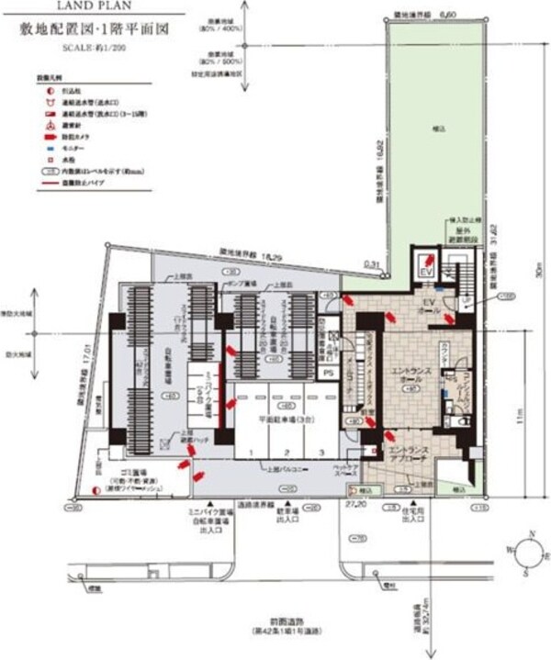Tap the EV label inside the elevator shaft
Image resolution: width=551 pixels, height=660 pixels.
[x=425, y=272]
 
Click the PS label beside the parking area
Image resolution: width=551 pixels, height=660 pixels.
[x=328, y=373]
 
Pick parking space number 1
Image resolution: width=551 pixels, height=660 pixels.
[x=248, y=453]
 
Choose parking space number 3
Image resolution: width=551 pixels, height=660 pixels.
[x=321, y=453]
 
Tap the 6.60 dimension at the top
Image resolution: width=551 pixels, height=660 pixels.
[x=448, y=15]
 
